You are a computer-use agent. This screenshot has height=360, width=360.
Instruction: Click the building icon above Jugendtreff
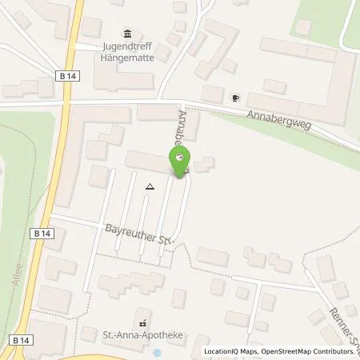click(127, 33)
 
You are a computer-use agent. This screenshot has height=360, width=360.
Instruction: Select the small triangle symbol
click(149, 186)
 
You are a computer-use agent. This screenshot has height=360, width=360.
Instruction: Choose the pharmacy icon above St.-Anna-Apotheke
click(142, 324)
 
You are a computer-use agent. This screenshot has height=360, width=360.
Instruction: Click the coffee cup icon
click(234, 98)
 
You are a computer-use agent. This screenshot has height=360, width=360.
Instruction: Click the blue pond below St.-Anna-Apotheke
click(156, 353)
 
